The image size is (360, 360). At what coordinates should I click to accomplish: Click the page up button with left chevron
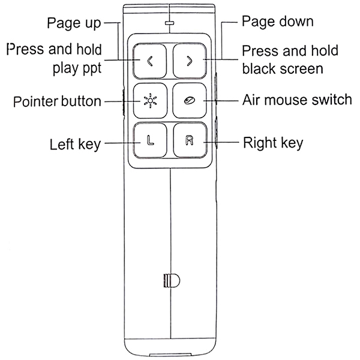point(149,61)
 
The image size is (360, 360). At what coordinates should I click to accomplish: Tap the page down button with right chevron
point(190,61)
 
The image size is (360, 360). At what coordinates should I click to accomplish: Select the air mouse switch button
point(190,101)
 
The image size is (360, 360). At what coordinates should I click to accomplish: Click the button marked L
point(149,142)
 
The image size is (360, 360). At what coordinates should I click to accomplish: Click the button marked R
point(190,142)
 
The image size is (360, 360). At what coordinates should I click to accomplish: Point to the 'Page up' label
point(74,24)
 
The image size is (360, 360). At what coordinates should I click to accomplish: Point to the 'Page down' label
point(277,22)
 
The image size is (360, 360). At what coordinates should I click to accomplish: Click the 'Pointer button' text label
point(57,101)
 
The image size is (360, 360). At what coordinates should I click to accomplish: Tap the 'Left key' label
point(74,144)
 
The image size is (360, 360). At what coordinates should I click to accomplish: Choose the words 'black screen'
point(282,67)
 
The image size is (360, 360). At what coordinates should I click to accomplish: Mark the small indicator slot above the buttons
point(170,26)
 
